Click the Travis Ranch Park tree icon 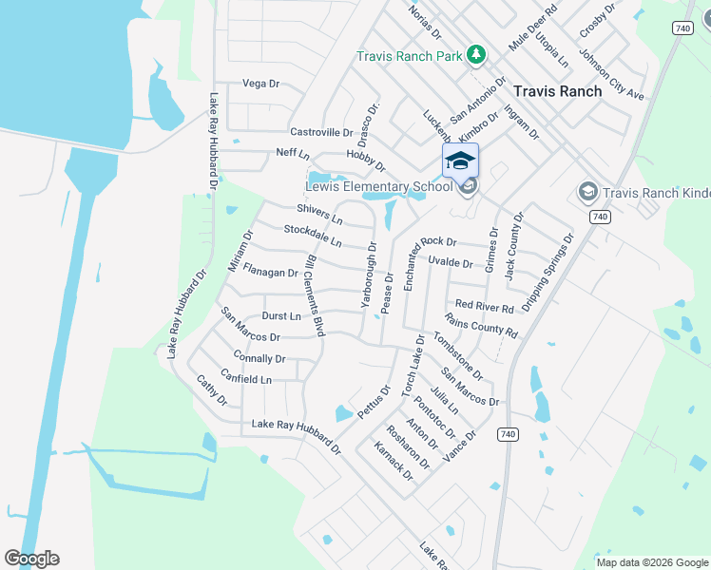477,56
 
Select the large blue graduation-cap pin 460,161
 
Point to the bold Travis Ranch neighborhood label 557,91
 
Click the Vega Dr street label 260,84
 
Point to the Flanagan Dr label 271,272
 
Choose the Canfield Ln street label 246,379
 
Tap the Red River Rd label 484,305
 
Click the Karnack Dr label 394,462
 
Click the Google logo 31,559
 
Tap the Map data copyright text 652,562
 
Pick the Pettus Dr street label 374,402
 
